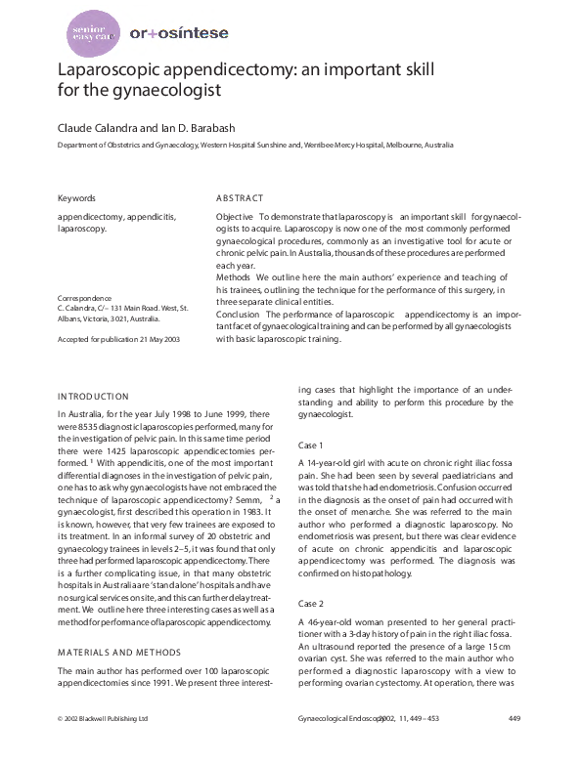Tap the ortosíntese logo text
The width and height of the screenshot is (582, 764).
(x=180, y=33)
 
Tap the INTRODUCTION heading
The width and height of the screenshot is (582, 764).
(x=93, y=397)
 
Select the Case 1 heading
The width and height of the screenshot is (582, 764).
(x=312, y=445)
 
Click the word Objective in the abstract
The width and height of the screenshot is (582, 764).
(x=236, y=215)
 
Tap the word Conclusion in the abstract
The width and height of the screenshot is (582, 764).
(x=238, y=315)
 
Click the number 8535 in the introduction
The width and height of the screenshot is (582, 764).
(x=86, y=427)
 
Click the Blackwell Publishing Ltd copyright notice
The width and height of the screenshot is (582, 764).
(x=103, y=745)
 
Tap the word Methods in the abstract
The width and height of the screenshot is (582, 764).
(x=234, y=278)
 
